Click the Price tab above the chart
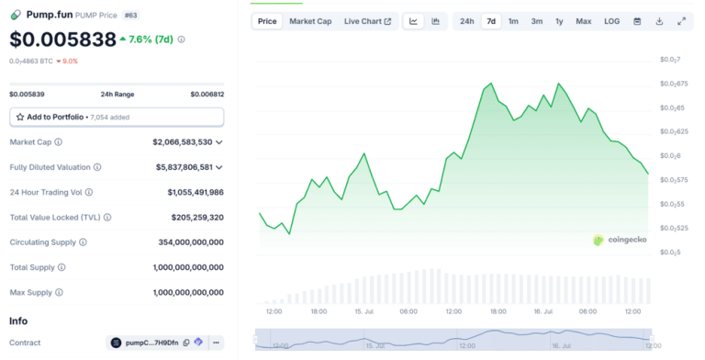coord(267,21)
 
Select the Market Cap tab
coord(310,21)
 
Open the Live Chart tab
coord(367,21)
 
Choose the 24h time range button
coord(467,21)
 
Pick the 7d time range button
coord(491,21)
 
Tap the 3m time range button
coord(536,21)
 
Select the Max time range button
coord(583,21)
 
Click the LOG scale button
coord(611,21)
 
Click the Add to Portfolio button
coord(117,118)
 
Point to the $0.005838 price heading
coord(63,39)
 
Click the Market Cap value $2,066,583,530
coord(183,142)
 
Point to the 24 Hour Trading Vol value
coord(196,192)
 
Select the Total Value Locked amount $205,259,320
coord(197,217)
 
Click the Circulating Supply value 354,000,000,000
coord(190,242)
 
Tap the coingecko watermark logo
coord(621,241)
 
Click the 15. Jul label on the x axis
coord(363,312)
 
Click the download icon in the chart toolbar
coord(659,21)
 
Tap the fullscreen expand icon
coord(681,21)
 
